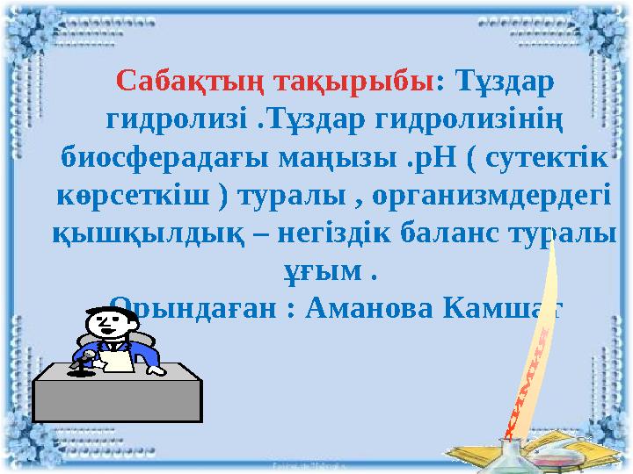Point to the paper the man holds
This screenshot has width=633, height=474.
[x=114, y=361]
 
